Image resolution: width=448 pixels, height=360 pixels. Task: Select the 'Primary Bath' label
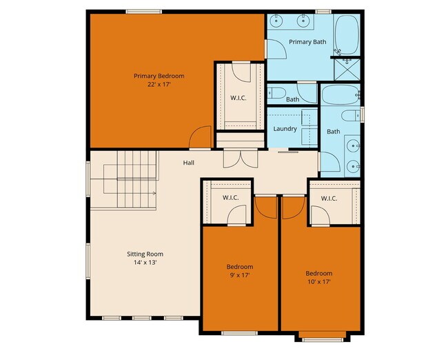(307, 42)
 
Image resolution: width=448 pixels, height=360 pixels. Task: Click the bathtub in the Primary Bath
(347, 34)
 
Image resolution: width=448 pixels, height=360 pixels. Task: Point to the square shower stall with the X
(347, 69)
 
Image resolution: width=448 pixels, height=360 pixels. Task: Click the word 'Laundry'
(285, 129)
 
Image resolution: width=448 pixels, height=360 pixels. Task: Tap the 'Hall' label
(188, 163)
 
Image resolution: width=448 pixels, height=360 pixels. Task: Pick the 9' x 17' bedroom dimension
(240, 275)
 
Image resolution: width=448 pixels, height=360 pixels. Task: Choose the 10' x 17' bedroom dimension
(319, 281)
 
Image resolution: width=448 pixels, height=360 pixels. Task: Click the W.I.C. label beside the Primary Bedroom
(238, 97)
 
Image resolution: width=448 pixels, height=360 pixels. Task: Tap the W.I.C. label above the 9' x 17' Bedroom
(230, 198)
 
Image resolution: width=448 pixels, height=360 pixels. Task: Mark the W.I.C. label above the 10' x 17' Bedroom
(329, 199)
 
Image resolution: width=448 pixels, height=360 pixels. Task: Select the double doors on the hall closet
(241, 158)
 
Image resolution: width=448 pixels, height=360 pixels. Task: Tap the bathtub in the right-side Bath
(340, 95)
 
